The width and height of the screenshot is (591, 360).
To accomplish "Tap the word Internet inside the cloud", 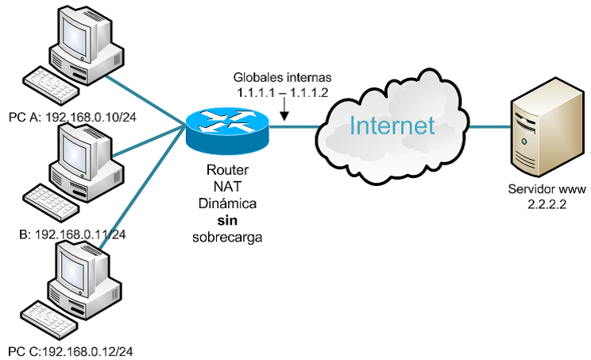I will tap(392, 126).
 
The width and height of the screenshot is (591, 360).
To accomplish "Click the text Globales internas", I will tap(281, 79).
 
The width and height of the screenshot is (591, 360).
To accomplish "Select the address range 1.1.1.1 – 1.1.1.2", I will tap(281, 93).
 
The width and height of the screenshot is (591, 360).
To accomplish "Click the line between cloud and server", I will tap(484, 126).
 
